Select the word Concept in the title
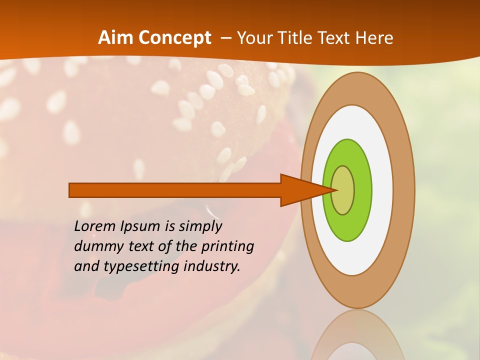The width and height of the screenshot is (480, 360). click(x=174, y=38)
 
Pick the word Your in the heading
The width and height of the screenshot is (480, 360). click(x=254, y=38)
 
